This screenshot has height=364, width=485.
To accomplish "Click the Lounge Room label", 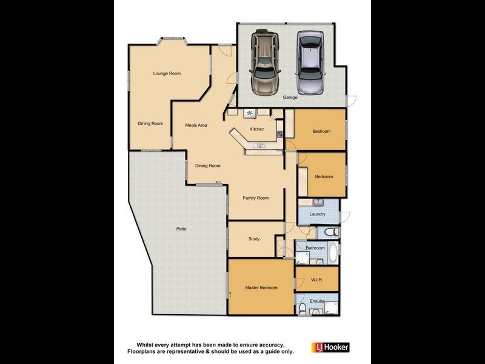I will tap(167, 73).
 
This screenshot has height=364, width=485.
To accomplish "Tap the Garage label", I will tap(290, 98).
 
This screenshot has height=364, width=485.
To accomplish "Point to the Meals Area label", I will tap(196, 126).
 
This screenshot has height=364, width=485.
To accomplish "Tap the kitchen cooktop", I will tap(249, 113).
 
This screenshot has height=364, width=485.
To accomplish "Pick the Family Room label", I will tap(255, 198).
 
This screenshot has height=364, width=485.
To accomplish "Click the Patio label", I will tap(181, 229).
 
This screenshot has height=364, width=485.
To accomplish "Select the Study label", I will tap(254, 239).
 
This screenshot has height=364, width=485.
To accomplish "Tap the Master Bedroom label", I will tap(261, 288).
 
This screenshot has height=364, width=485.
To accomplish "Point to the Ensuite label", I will tap(317, 302).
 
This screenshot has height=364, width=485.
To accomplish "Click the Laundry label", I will tap(317, 214).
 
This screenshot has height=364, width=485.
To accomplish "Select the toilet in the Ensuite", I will tap(302, 309).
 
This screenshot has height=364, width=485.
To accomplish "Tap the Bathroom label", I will tap(315, 248).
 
